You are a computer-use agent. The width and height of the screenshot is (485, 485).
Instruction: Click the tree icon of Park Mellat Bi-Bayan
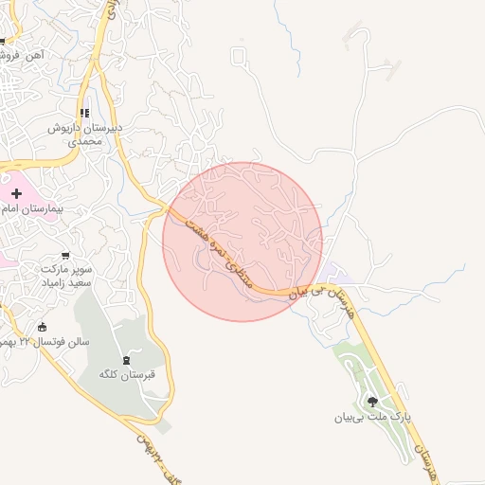(371, 402)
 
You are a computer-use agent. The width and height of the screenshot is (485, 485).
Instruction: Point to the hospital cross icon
(17, 193)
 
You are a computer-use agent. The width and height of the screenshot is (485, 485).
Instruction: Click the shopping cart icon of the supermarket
(64, 255)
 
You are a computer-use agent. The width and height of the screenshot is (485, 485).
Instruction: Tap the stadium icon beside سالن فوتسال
(41, 328)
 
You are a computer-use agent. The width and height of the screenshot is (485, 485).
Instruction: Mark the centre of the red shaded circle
(242, 242)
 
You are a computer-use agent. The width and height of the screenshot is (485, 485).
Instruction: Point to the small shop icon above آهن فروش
(2, 41)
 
